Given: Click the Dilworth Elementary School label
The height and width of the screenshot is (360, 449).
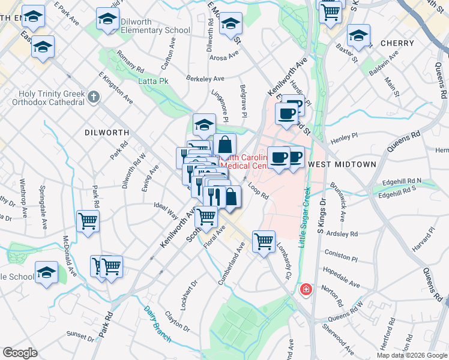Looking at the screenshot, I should coord(156,30).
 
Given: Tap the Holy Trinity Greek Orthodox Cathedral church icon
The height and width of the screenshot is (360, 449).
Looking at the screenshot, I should coord(93,97).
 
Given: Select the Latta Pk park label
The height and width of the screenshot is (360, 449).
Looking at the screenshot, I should coord(153,81).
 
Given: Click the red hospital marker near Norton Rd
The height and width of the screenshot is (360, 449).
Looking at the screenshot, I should coord(306,290).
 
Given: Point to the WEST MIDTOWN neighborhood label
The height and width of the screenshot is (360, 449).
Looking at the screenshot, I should coord(341,164).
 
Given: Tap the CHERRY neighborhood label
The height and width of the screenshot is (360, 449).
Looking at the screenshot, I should coord(397,43).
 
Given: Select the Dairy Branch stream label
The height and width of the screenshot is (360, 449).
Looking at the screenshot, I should coord(157,325).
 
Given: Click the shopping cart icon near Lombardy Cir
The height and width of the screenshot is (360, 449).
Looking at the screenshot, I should coord(264,242).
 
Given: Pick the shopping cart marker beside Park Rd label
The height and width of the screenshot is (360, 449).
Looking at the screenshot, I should coord(88,221).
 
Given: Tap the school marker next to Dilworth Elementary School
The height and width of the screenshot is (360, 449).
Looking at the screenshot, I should coord(107,19).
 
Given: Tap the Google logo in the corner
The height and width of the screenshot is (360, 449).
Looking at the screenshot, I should coord(20,353).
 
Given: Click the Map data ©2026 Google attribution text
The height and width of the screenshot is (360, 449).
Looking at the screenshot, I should coord(411,355).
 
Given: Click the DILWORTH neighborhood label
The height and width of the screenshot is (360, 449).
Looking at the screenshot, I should coord(107,132).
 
